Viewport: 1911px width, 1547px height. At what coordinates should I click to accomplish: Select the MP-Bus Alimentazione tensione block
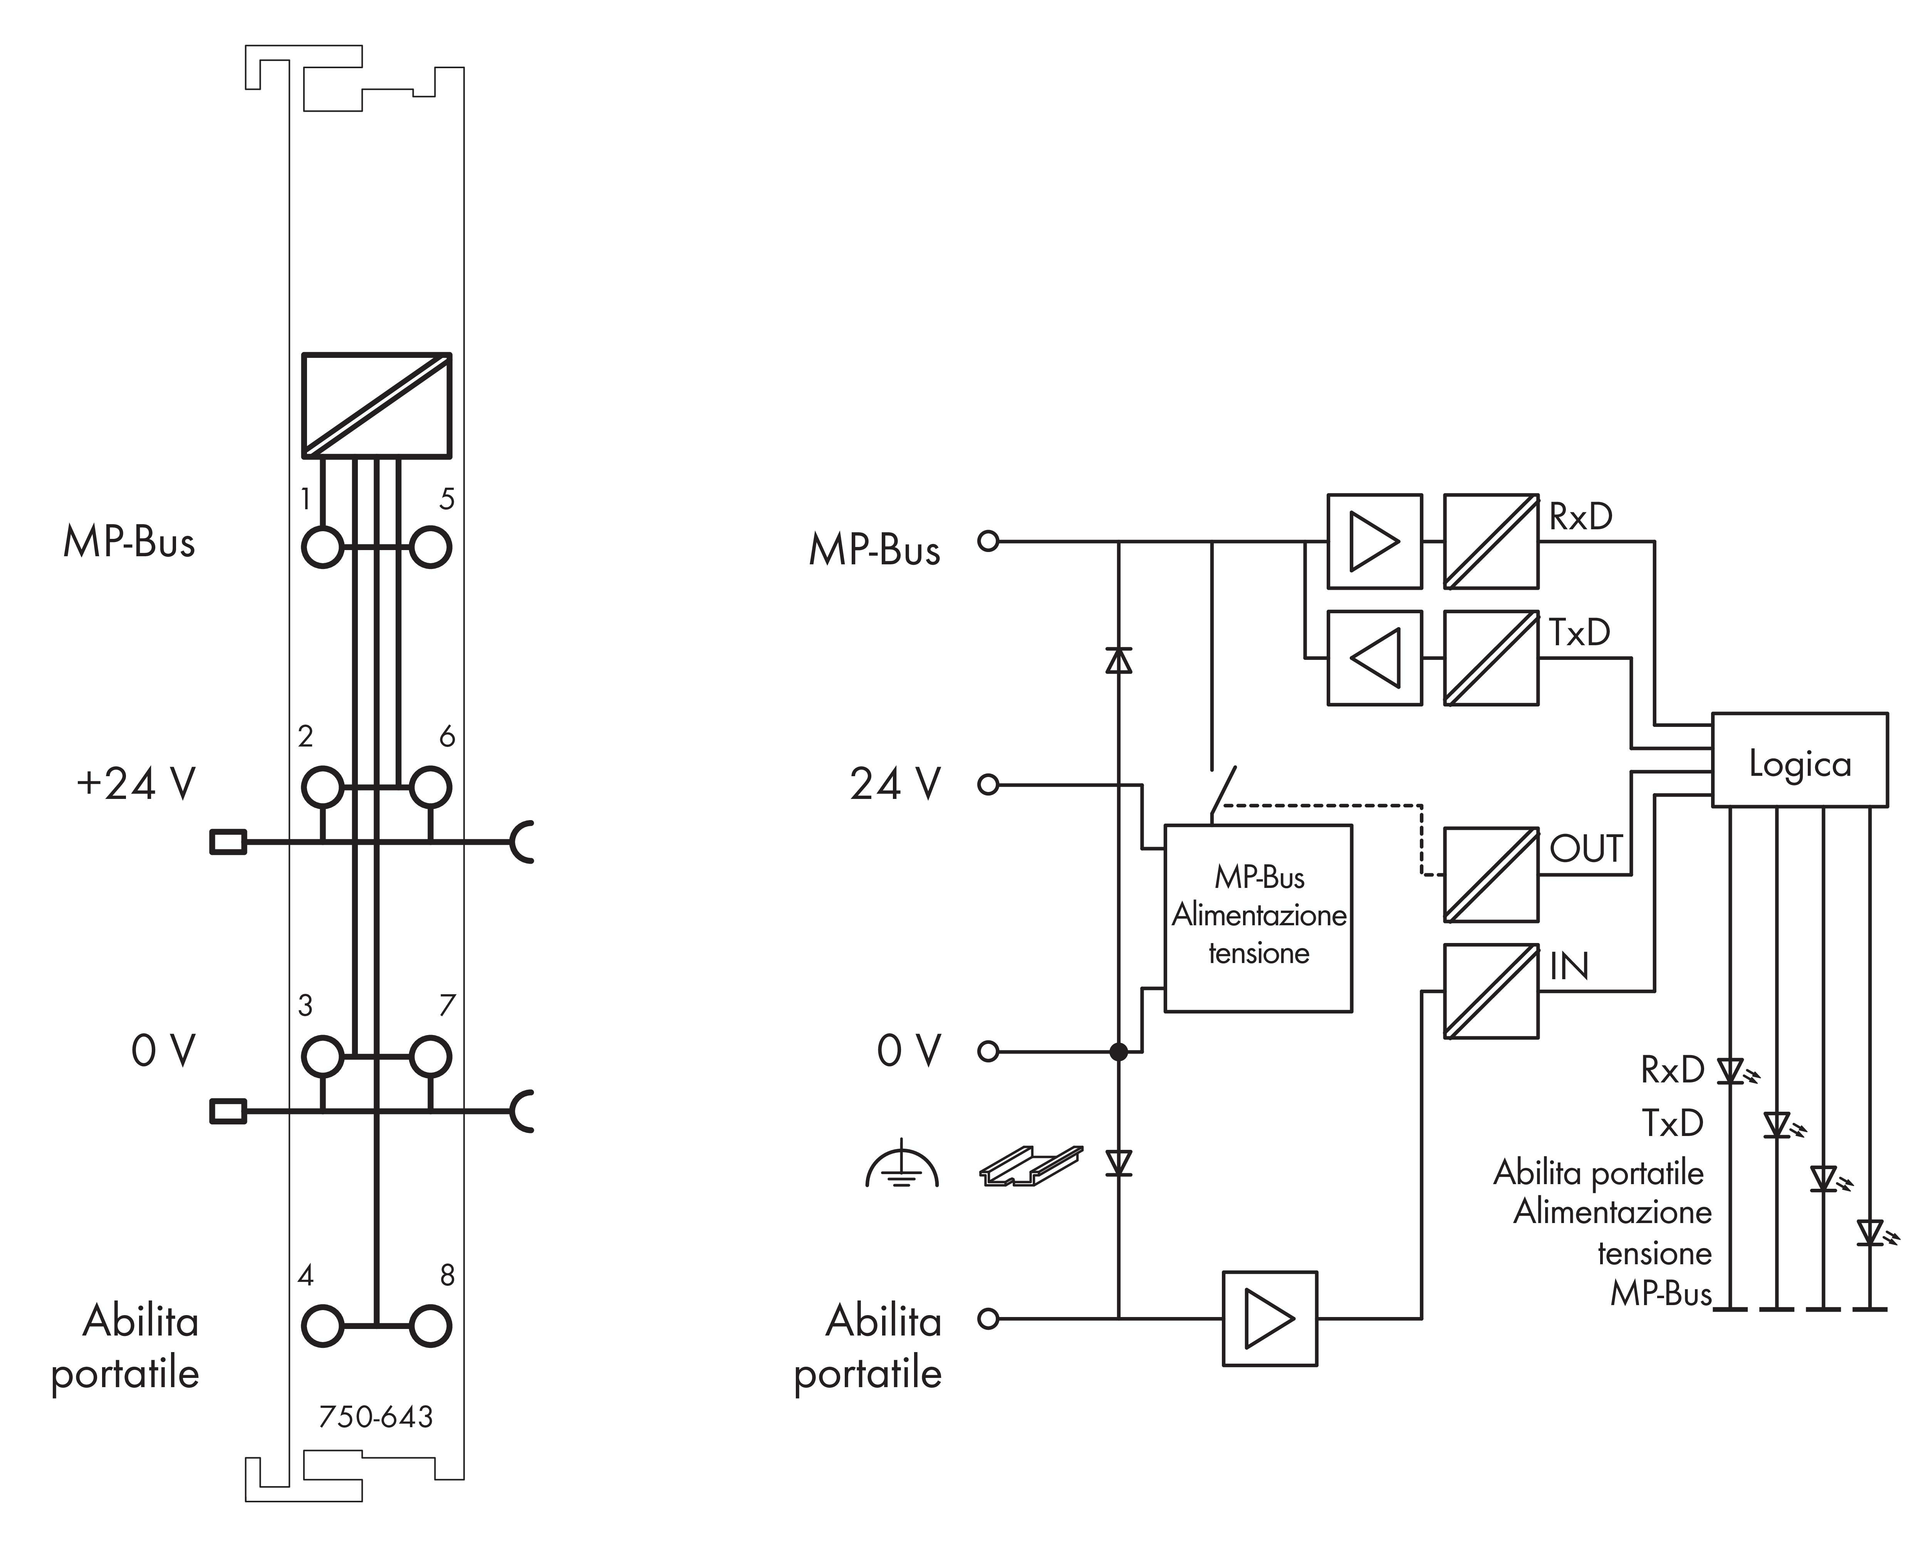click(1258, 918)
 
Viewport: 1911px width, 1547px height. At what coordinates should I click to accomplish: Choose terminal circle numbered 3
click(322, 1057)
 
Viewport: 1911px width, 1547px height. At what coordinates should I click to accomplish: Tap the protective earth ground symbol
click(902, 1166)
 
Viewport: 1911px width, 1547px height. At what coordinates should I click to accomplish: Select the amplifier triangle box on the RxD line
click(1374, 541)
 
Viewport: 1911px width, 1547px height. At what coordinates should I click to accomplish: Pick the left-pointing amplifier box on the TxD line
click(1374, 658)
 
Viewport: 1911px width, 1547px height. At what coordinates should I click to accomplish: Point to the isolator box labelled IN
click(1490, 991)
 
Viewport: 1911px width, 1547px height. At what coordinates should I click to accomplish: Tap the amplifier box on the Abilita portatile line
click(1268, 1318)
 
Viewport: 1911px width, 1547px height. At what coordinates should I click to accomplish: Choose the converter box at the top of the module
click(376, 406)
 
